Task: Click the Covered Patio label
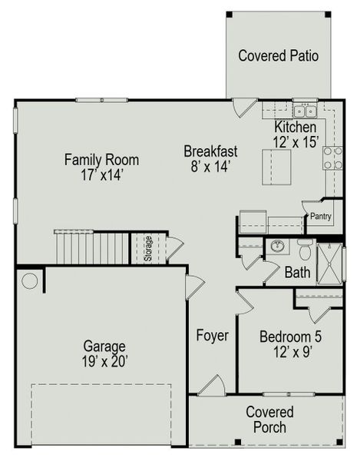pos(278,56)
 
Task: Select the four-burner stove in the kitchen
pos(333,158)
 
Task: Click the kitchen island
pos(278,167)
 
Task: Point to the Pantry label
pos(320,217)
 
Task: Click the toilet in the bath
pos(306,250)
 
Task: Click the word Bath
pos(297,273)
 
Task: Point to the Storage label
pos(147,247)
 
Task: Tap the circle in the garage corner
pos(30,281)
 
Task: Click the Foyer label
pos(212,336)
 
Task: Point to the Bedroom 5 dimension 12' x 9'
pos(291,351)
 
